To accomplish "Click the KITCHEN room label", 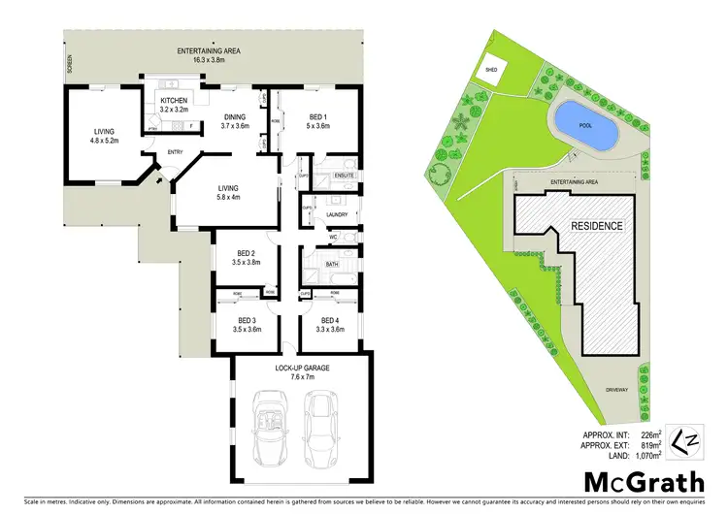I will point(175,101).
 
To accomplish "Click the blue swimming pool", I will point(585,123).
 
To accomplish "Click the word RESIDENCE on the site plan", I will point(596,225).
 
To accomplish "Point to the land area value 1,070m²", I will point(644,454).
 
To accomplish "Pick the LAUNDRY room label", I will point(337,214).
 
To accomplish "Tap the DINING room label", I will point(236,119).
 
